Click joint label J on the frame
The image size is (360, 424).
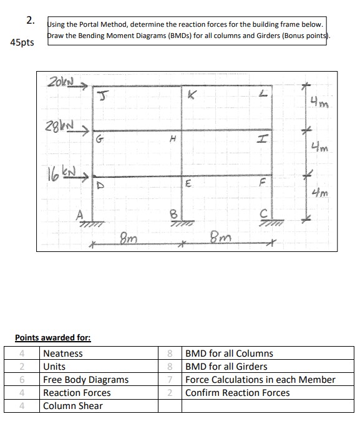point(100,95)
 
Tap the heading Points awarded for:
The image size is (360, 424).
point(53,338)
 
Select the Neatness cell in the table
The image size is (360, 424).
point(62,353)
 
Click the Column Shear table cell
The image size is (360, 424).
point(72,406)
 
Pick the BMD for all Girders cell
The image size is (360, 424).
point(226,366)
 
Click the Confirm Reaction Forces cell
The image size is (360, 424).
point(238,393)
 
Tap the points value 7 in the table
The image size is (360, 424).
point(170,380)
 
